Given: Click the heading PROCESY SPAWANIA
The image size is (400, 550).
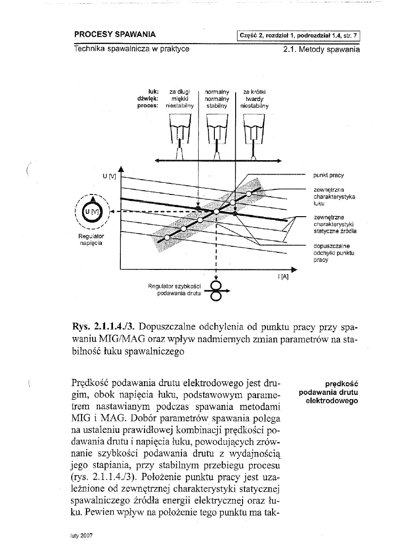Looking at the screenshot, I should point(114,34).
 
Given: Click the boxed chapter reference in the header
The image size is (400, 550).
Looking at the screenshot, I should point(298,35).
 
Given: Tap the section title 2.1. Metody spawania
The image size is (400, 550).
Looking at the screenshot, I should point(321,49).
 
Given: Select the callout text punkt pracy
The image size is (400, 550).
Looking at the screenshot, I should point(328,175).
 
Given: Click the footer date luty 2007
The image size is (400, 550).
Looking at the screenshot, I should point(80,534).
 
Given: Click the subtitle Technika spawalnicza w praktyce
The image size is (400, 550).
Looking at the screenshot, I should point(131,49).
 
